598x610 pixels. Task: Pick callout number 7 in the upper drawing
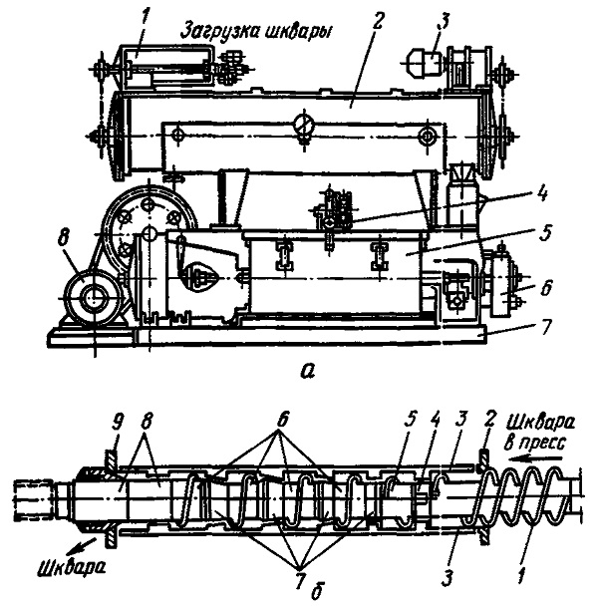[545, 327]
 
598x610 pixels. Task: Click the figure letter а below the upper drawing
[307, 373]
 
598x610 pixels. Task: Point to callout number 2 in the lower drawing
[489, 420]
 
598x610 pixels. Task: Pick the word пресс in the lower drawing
[543, 444]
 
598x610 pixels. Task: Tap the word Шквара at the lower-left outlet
[73, 569]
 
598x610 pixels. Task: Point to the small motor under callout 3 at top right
[425, 62]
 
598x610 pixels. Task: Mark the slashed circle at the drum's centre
[304, 125]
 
